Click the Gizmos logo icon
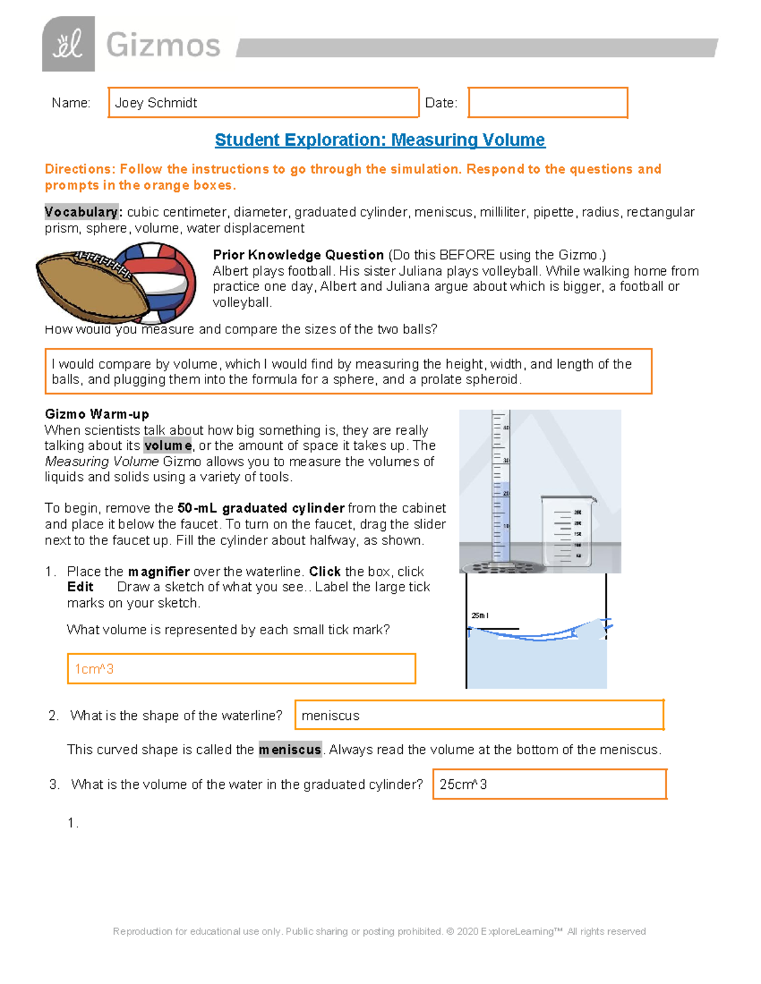point(68,44)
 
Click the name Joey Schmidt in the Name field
point(156,103)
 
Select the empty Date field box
point(548,103)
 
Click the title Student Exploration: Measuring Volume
point(380,140)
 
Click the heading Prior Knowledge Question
point(298,255)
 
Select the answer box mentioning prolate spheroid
point(348,371)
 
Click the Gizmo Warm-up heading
point(97,414)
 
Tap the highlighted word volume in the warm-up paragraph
point(167,445)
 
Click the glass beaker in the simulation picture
point(568,531)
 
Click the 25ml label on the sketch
point(480,615)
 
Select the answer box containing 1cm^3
point(241,668)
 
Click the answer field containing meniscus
point(479,715)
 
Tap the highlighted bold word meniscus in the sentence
point(290,750)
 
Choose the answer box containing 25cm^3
point(549,784)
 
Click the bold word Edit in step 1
point(81,587)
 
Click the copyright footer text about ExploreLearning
point(379,931)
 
